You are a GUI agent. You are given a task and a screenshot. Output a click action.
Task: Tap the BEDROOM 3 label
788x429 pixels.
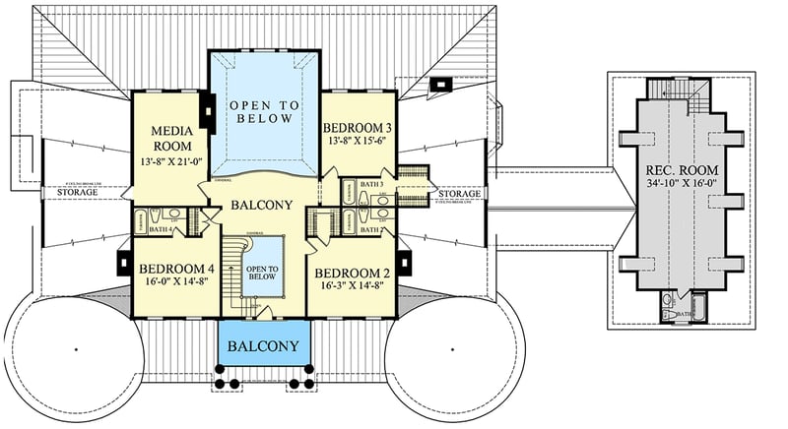click(358, 128)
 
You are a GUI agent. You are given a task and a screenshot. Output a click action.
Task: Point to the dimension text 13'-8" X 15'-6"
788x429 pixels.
click(358, 142)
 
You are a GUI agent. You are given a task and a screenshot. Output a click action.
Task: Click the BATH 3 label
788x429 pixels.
click(372, 185)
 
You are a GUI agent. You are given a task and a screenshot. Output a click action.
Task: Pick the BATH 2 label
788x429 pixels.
click(372, 229)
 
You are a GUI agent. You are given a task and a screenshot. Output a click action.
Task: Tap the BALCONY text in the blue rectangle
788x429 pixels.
click(263, 346)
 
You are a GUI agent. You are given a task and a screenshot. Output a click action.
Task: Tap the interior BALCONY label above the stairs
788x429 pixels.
click(261, 205)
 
